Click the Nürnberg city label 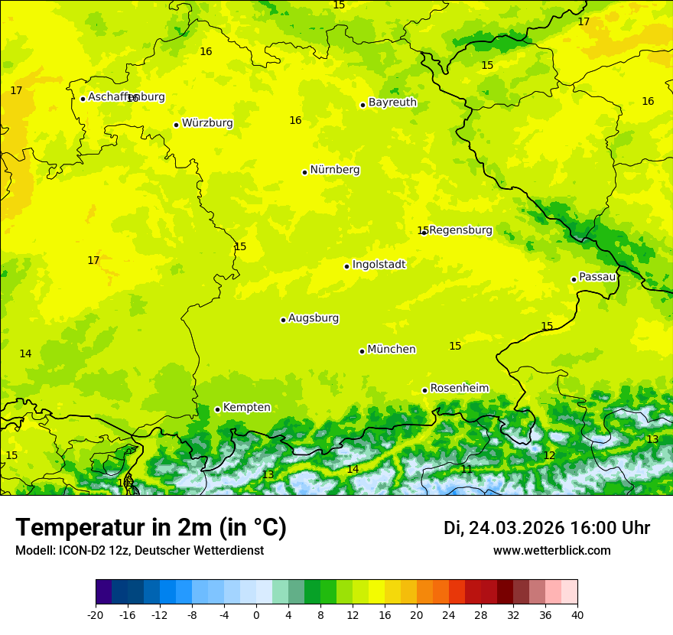(x=334, y=170)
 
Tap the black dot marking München (x=362, y=351)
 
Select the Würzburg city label (x=207, y=123)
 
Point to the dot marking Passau (x=574, y=279)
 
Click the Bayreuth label (x=392, y=103)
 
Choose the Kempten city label (x=246, y=408)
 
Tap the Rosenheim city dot (x=424, y=390)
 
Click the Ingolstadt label (x=379, y=265)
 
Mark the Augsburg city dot (x=283, y=320)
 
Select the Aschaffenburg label (x=126, y=97)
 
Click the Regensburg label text (x=460, y=230)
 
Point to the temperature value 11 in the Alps (x=467, y=469)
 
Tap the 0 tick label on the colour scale (x=256, y=615)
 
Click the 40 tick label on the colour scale (x=577, y=615)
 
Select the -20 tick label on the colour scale (x=96, y=615)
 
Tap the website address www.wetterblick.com (x=551, y=551)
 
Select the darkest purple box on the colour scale (x=104, y=592)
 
